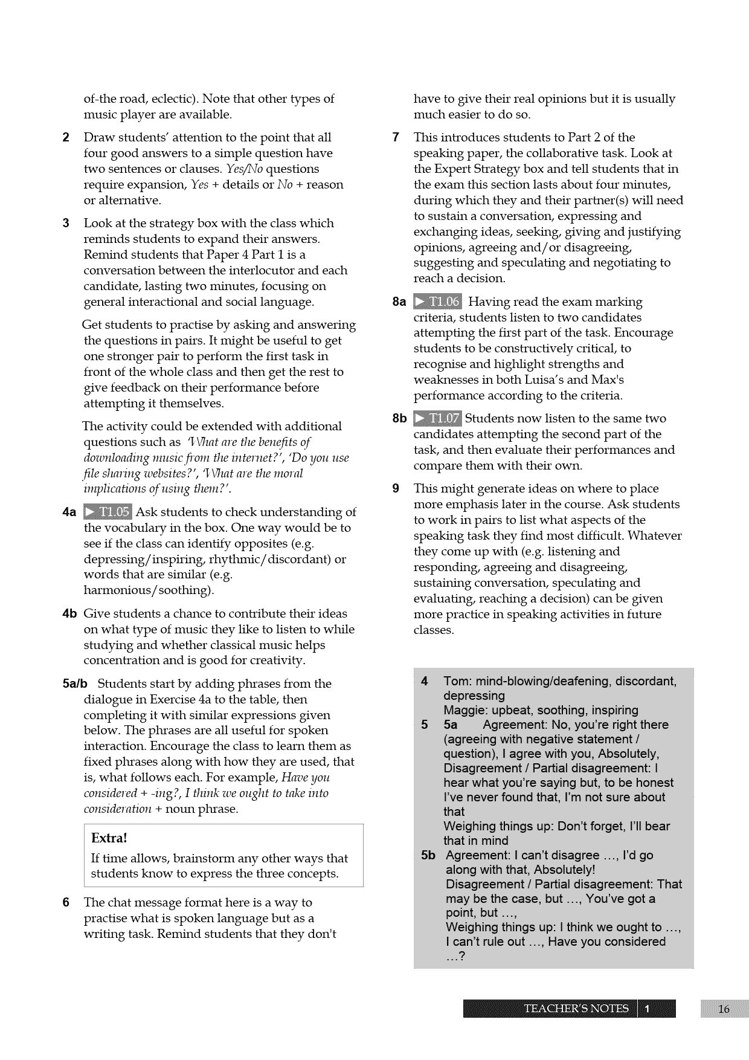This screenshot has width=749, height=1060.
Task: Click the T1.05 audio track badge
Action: click(x=108, y=512)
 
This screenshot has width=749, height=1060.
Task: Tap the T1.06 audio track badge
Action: click(x=437, y=302)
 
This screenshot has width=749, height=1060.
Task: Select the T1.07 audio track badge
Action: click(x=437, y=418)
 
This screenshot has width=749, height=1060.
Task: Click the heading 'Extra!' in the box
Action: click(x=109, y=838)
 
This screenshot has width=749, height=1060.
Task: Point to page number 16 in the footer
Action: click(x=724, y=1009)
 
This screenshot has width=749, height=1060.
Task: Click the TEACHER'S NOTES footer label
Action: click(x=576, y=1009)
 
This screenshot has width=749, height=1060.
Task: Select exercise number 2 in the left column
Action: click(x=66, y=138)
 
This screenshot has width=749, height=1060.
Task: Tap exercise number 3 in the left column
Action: click(x=66, y=224)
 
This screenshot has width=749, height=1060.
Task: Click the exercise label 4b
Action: click(x=69, y=614)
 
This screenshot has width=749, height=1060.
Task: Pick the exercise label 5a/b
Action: click(x=75, y=684)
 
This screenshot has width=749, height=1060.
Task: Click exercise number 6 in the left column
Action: click(x=66, y=903)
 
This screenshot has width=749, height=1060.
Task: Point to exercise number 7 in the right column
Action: click(x=396, y=138)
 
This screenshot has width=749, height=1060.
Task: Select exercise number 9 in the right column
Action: click(x=396, y=489)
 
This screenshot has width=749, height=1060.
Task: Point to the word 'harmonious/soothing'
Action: click(x=148, y=590)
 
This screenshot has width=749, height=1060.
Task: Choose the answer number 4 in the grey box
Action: click(x=425, y=682)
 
